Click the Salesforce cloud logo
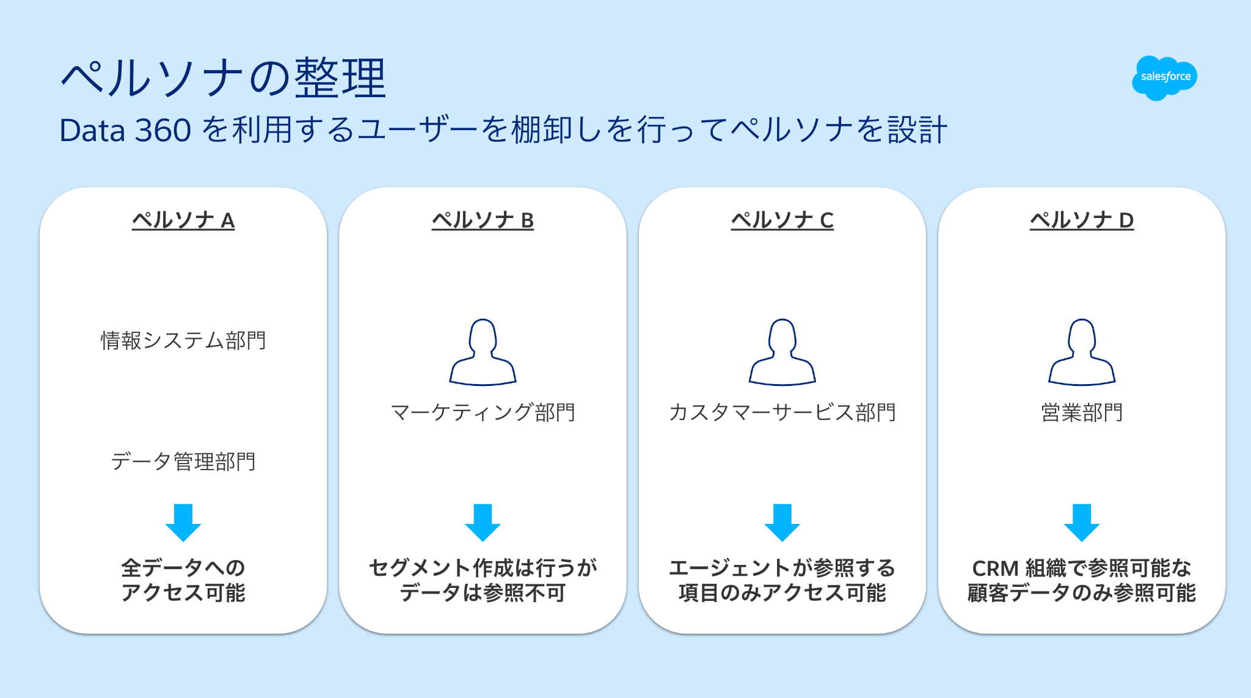point(1164,78)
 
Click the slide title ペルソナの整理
point(224,78)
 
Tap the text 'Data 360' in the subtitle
point(125,131)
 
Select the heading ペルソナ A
point(183,220)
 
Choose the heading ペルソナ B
point(483,220)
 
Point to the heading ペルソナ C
point(782,220)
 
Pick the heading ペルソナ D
point(1082,220)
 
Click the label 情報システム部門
point(183,340)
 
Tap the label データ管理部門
point(183,462)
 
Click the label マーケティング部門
point(483,412)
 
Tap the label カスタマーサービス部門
point(782,412)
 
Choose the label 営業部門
point(1082,412)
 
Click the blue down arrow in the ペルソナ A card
point(183,523)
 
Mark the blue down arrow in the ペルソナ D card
point(1082,523)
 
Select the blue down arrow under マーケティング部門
point(483,523)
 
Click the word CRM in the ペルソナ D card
point(995,569)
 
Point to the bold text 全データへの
point(183,568)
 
